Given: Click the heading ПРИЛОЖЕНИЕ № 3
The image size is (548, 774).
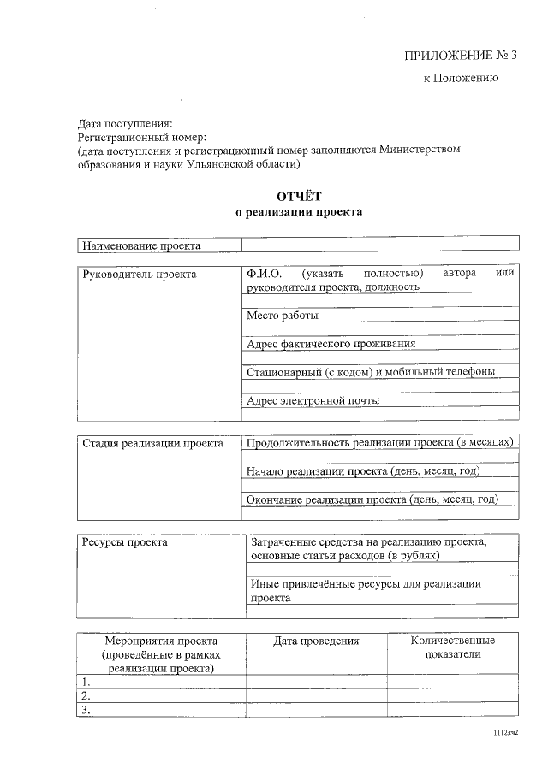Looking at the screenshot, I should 461,56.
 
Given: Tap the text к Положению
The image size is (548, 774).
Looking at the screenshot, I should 461,78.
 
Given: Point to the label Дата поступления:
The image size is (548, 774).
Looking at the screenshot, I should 125,123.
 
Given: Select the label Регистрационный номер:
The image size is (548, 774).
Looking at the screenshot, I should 142,136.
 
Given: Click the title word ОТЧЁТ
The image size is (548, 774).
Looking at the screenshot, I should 299,197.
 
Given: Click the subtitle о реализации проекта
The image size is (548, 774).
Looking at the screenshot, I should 299,212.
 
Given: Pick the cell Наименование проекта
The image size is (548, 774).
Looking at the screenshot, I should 141,246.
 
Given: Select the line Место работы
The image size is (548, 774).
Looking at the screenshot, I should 282,316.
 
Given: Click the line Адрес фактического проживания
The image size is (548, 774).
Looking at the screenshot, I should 331,344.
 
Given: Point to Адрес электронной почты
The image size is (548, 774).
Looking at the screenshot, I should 313,400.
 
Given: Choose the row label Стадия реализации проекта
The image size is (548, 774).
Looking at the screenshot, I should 152,443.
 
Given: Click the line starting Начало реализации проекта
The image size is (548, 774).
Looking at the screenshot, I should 362,471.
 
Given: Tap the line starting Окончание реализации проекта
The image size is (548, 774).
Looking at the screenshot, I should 372,499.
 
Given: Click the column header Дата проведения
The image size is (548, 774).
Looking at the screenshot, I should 316,641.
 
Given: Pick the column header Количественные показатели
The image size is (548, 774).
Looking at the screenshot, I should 452,647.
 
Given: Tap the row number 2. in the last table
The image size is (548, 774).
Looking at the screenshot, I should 86,695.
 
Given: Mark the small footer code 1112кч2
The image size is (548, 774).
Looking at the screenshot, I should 505,733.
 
